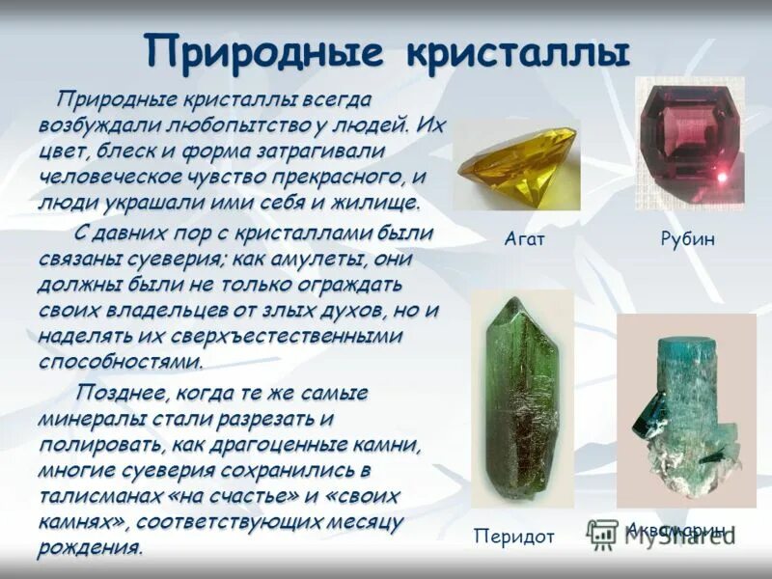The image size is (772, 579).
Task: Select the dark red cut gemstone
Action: (x=688, y=142)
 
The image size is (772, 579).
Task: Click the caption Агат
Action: (x=524, y=238)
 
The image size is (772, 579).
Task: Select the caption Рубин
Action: (x=688, y=238)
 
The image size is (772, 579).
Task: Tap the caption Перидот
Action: (x=514, y=536)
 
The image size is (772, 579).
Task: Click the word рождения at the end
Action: (x=91, y=549)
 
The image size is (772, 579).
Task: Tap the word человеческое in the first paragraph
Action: (x=103, y=178)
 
